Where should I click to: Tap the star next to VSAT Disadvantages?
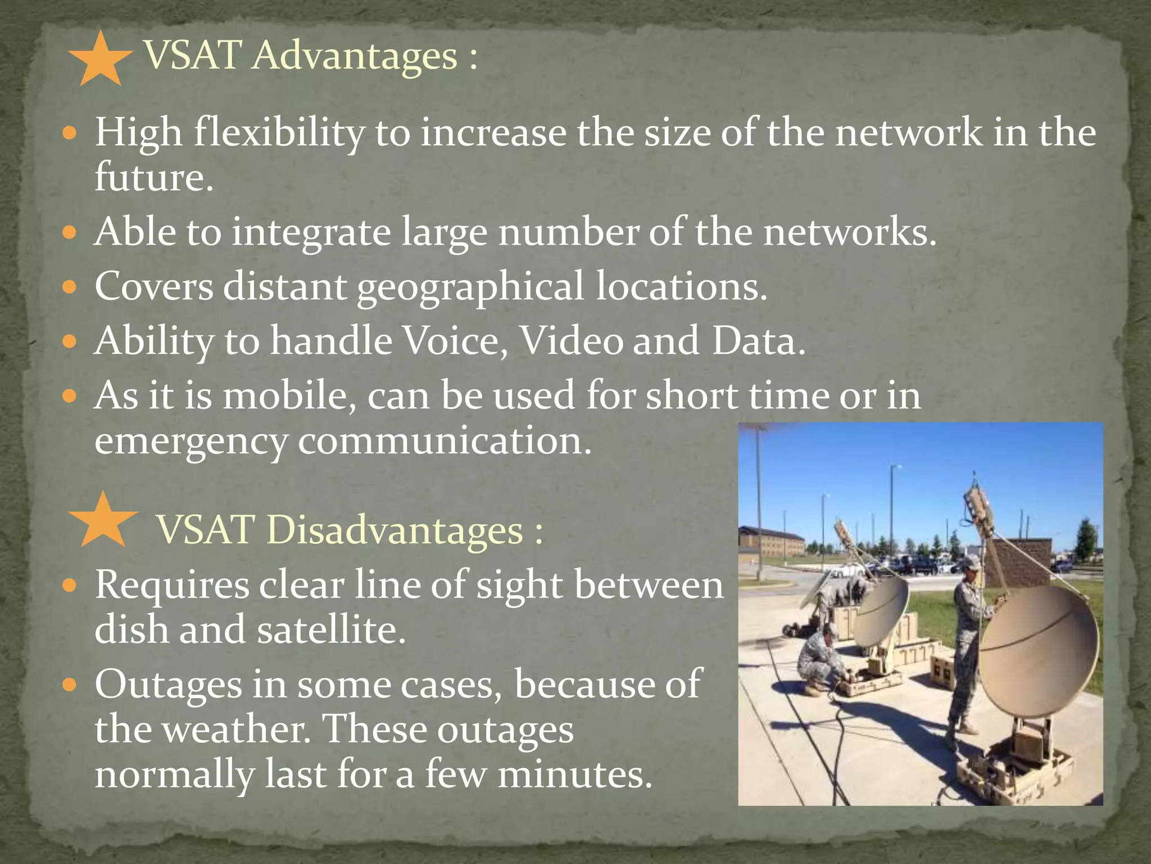(103, 521)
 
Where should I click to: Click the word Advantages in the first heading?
(355, 56)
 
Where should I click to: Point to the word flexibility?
(279, 133)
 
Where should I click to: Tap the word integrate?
(311, 232)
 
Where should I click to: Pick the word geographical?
(470, 287)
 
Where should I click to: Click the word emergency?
(191, 441)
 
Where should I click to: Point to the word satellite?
(330, 629)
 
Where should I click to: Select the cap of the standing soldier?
(971, 561)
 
